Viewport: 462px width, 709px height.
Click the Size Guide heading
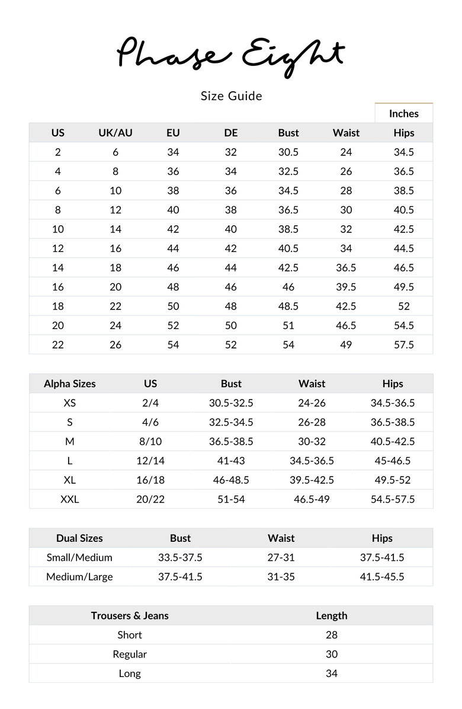coord(231,96)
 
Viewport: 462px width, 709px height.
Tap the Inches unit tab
coord(403,114)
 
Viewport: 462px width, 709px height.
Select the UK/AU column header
coord(115,133)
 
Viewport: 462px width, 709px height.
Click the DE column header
coord(231,133)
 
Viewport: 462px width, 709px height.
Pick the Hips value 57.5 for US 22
coord(403,344)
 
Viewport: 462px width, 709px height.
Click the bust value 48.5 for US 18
coord(288,306)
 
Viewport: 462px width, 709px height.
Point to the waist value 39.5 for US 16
coord(346,287)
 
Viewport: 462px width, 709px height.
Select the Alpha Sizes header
coord(69,384)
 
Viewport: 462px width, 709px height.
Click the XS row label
coord(69,403)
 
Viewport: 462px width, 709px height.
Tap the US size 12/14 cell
coord(150,461)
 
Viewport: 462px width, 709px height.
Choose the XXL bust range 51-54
coord(231,499)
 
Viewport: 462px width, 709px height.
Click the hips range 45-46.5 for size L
coord(393,461)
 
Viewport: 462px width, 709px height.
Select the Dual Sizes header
coord(79,538)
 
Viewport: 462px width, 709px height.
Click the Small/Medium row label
coord(79,557)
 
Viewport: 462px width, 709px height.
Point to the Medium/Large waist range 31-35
coord(281,577)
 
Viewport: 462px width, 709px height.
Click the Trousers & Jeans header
coord(130,615)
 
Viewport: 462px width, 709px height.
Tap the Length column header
coord(332,615)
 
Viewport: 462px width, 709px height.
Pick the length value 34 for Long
coord(332,673)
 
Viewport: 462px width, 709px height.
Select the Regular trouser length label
coord(130,654)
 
